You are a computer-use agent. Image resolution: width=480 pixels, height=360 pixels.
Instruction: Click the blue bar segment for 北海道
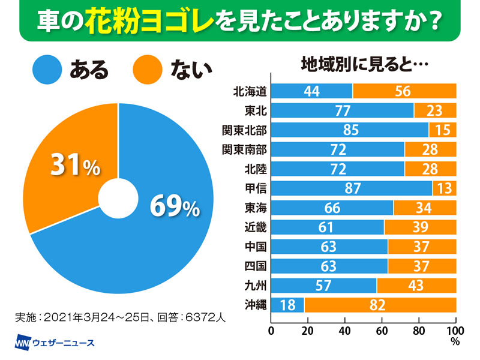(x=312, y=91)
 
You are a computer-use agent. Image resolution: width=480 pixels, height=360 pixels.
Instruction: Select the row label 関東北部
(x=244, y=130)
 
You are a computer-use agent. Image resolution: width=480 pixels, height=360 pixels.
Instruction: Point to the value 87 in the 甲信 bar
(x=353, y=188)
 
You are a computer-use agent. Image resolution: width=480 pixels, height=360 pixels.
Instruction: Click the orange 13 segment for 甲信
(x=445, y=188)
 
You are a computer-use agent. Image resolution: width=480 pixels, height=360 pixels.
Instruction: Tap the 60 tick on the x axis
(x=382, y=330)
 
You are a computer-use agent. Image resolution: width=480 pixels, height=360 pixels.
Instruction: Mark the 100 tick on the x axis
(x=455, y=330)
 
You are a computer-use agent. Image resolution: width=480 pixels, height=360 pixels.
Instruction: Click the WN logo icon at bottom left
(x=23, y=344)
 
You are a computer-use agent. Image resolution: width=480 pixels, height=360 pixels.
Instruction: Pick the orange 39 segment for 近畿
(x=420, y=227)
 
